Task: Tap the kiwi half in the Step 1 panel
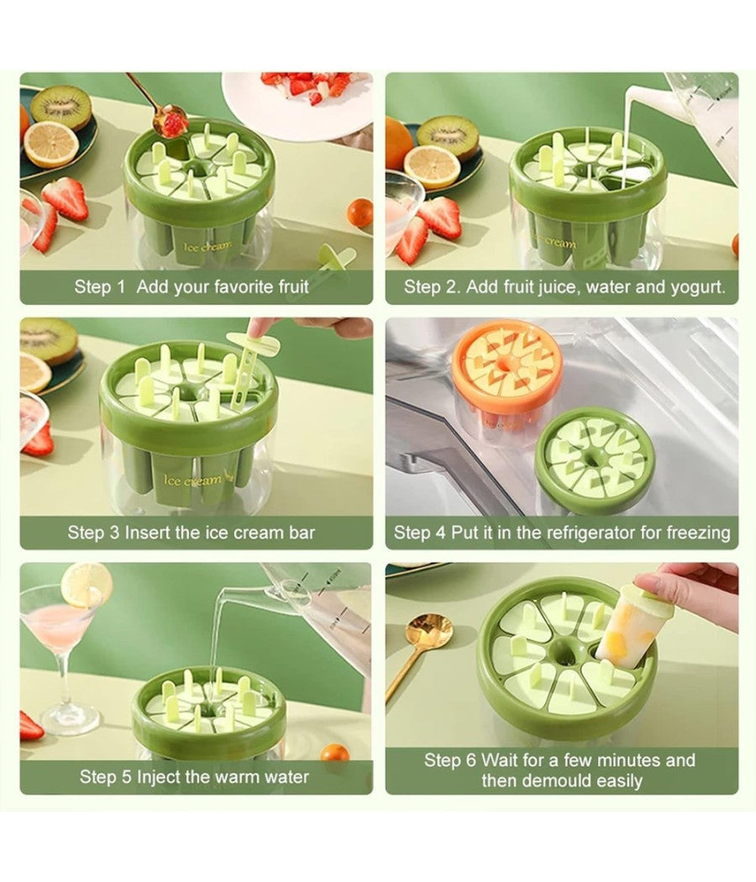(x=60, y=107)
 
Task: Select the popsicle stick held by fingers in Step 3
(x=248, y=360)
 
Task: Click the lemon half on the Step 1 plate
(x=50, y=144)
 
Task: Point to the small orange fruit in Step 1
(x=360, y=213)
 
